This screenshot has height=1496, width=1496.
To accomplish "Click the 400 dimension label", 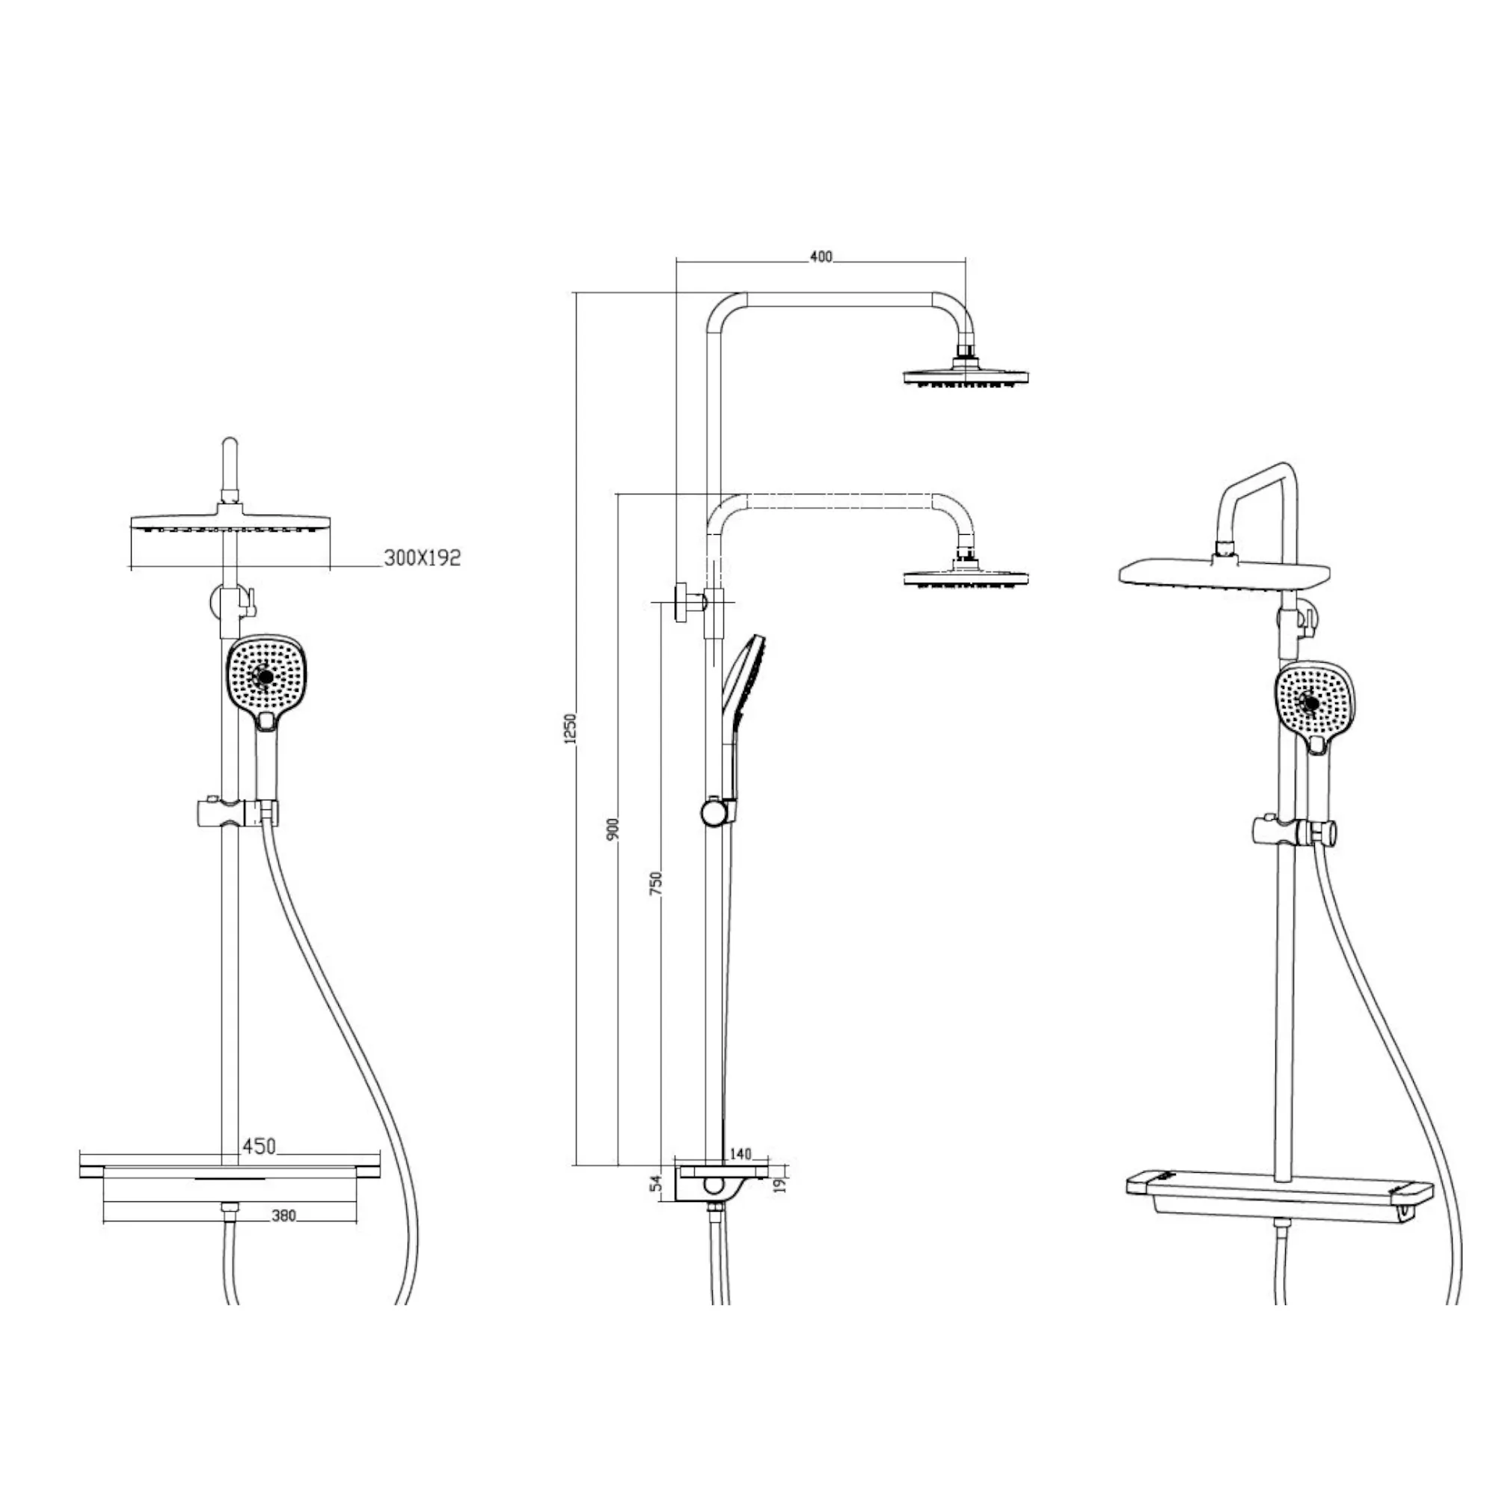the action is tap(821, 257).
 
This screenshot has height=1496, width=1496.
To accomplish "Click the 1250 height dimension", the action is tap(571, 729).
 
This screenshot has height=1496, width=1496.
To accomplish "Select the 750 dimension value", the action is tap(657, 883).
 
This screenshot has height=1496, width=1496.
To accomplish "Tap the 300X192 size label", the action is tap(422, 557).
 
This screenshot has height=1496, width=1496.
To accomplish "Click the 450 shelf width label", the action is tap(259, 1146).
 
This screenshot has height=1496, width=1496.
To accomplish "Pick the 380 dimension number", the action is tap(284, 1216).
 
